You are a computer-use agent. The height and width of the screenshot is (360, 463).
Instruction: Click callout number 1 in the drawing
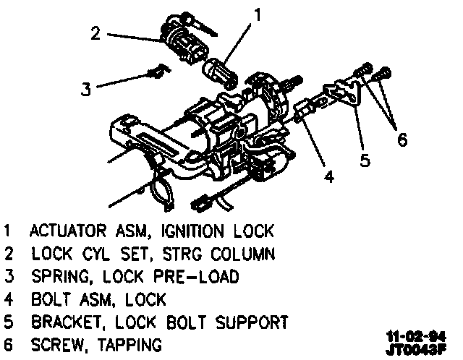click(257, 14)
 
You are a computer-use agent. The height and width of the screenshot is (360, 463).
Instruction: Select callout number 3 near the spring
click(86, 90)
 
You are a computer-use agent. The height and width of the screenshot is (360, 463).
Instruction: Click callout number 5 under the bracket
click(365, 160)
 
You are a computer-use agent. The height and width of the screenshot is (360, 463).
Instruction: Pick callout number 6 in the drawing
click(402, 140)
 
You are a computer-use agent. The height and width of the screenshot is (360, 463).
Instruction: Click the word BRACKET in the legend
click(68, 321)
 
